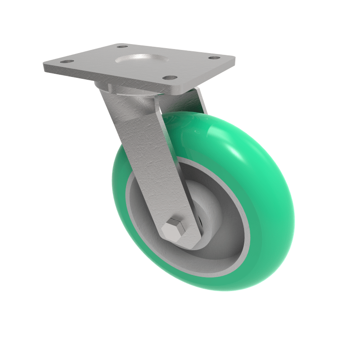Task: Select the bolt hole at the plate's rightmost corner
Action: coord(215,58)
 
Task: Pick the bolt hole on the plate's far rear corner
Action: coord(122,46)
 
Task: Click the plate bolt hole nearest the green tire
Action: coord(169,77)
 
